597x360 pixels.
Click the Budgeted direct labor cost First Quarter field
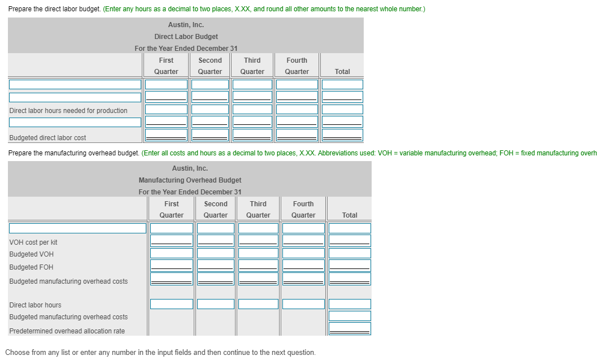pos(167,135)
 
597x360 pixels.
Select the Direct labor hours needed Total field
pos(342,109)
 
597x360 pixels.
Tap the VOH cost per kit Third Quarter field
pos(258,240)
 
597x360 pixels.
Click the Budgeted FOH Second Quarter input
pos(216,265)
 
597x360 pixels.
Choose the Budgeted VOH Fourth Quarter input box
pos(303,253)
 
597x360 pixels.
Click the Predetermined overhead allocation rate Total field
pos(350,329)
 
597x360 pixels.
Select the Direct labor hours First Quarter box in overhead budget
pos(171,304)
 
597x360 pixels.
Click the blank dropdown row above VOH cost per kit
pos(78,228)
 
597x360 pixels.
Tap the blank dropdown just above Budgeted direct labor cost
pos(75,122)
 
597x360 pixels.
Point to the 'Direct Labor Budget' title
pos(186,37)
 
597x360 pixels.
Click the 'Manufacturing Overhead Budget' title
pos(190,180)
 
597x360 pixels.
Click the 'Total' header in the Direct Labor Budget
pos(342,72)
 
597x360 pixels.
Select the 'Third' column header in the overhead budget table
pos(258,204)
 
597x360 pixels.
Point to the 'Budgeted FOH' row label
pos(31,267)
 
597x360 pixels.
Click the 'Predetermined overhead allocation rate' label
pos(67,331)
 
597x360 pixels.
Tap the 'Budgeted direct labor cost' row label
pos(47,137)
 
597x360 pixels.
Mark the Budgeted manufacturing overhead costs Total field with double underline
pos(350,279)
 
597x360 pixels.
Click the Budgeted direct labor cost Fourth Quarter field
pos(297,135)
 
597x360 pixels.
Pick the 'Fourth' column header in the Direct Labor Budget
pos(297,60)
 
